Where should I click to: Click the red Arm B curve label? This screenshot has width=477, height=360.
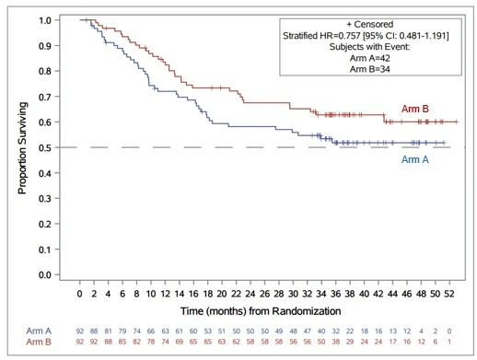coord(414,109)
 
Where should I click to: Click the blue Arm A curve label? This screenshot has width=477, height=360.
coord(415,159)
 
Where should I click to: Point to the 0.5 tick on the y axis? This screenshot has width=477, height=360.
coord(57,147)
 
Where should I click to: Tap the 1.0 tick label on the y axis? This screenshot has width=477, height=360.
coord(45,20)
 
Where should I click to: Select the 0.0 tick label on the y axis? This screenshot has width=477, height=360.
coord(45,274)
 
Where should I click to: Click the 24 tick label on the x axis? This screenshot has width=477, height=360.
coord(250,294)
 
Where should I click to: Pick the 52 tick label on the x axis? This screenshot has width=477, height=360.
coord(449,294)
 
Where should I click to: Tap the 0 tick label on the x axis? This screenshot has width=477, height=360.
coord(79,294)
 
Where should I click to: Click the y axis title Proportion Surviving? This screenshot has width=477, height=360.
coord(22,148)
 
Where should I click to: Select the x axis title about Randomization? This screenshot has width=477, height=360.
coord(261,311)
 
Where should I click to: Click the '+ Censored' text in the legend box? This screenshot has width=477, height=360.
coord(370,24)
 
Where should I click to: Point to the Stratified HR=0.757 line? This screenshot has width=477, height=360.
coord(366,36)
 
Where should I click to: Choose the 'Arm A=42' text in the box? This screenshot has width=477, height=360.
coord(370,58)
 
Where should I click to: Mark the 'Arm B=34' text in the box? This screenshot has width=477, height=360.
coord(370,69)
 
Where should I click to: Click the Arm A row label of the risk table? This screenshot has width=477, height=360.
coord(39,331)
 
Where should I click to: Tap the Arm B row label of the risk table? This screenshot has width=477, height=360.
coord(39,342)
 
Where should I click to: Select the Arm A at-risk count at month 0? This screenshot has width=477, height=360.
coord(80,331)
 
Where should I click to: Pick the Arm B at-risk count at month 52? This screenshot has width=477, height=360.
coord(449,342)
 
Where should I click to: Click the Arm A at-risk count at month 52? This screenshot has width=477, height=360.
coord(449,331)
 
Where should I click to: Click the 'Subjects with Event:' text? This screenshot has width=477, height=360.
coord(369,47)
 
